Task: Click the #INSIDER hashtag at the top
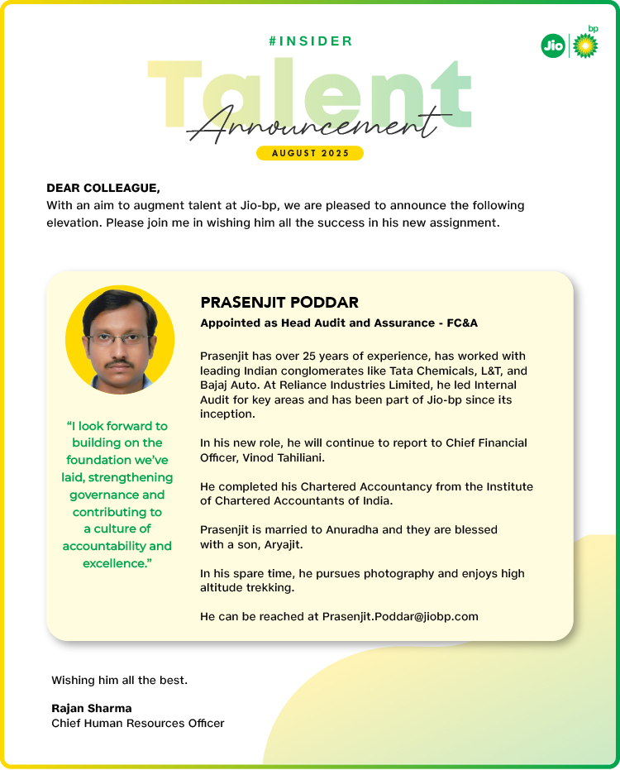[311, 41]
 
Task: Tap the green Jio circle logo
[553, 46]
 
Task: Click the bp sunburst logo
[585, 45]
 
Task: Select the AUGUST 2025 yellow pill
[310, 153]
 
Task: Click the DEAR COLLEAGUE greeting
[103, 189]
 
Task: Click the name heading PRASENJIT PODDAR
[279, 303]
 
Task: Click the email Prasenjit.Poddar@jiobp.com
[400, 616]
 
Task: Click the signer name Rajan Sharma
[92, 708]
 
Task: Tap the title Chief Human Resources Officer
[138, 723]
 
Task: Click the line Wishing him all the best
[120, 680]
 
